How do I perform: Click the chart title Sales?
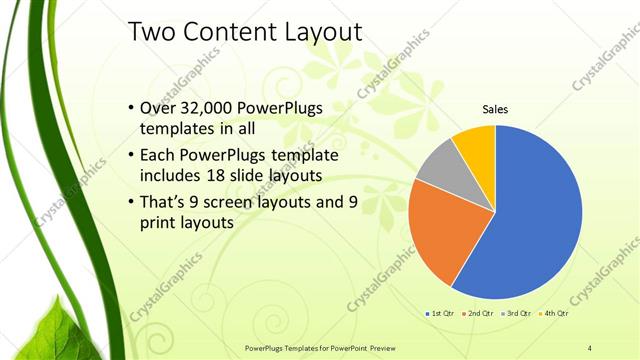click(x=495, y=109)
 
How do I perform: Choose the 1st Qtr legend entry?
click(x=441, y=314)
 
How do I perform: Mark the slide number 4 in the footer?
click(x=589, y=347)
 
